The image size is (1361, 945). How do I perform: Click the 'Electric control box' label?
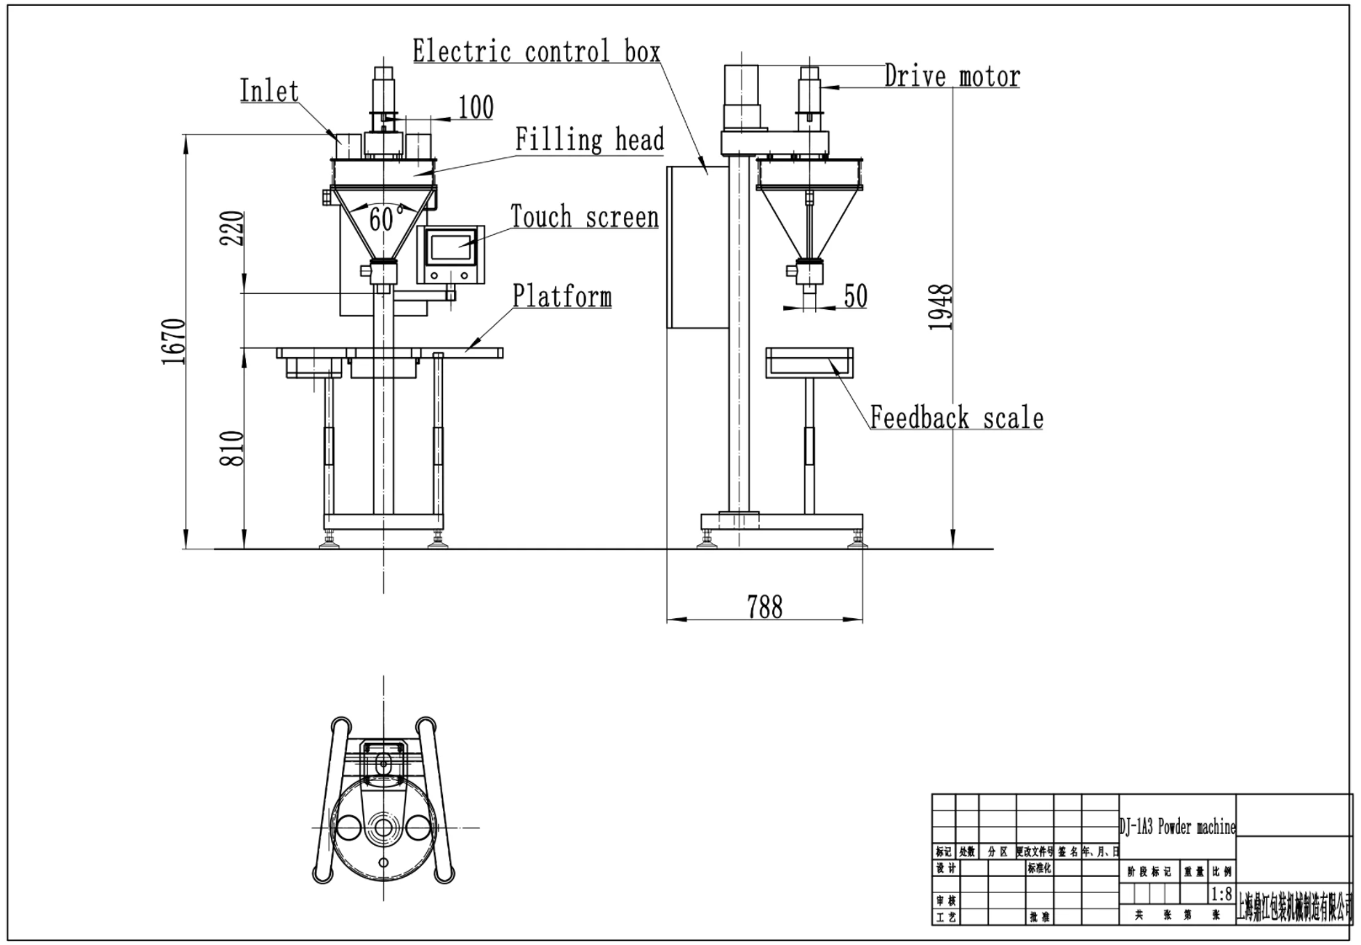pyautogui.click(x=536, y=51)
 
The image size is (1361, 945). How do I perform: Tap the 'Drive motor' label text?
pyautogui.click(x=952, y=77)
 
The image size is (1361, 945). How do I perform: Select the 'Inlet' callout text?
pyautogui.click(x=269, y=91)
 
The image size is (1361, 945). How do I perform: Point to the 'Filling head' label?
pyautogui.click(x=590, y=140)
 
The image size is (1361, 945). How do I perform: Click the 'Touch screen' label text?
pyautogui.click(x=584, y=217)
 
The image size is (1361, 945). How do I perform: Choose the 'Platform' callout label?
pyautogui.click(x=562, y=296)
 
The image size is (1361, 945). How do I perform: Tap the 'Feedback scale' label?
pyautogui.click(x=956, y=418)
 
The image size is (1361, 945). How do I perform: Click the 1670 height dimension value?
pyautogui.click(x=173, y=341)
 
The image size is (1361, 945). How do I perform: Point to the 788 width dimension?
pyautogui.click(x=764, y=606)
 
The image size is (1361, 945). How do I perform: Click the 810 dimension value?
pyautogui.click(x=233, y=448)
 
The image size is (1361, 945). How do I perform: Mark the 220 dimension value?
pyautogui.click(x=233, y=227)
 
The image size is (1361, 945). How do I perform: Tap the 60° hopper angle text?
pyautogui.click(x=382, y=219)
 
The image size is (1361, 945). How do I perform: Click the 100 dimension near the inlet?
pyautogui.click(x=475, y=108)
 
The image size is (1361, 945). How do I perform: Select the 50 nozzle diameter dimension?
pyautogui.click(x=855, y=296)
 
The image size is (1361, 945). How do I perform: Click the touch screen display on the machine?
pyautogui.click(x=450, y=246)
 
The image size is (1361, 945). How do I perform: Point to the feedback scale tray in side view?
pyautogui.click(x=809, y=362)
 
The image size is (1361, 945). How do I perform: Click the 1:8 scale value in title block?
pyautogui.click(x=1220, y=894)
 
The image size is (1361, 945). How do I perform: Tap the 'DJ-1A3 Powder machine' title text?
pyautogui.click(x=1177, y=827)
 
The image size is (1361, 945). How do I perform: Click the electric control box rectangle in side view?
pyautogui.click(x=697, y=247)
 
